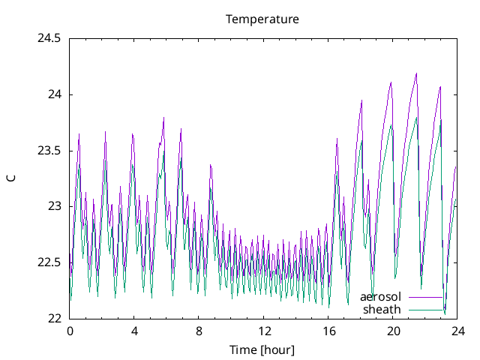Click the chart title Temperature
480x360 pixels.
(x=262, y=19)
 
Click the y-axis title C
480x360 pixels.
(x=10, y=178)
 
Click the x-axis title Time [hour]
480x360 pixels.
(x=262, y=349)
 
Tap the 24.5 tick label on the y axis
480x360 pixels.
(x=49, y=39)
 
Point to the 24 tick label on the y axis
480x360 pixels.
(x=54, y=94)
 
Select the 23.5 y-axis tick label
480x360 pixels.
(x=49, y=151)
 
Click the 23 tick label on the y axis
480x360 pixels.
(x=54, y=206)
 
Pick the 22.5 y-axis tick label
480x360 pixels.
(x=49, y=262)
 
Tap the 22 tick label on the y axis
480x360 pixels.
(x=54, y=318)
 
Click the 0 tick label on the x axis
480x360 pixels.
(x=70, y=331)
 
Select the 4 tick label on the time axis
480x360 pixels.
(x=134, y=331)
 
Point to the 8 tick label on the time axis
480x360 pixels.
(x=199, y=331)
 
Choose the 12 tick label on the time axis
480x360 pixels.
(x=264, y=331)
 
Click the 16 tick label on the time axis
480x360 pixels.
(x=328, y=331)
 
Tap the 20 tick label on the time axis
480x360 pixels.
(x=393, y=331)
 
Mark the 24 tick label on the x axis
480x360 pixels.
(x=457, y=331)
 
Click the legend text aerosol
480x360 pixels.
(x=380, y=297)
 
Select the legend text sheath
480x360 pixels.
(x=382, y=309)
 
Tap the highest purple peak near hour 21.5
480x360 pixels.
(x=416, y=73)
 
